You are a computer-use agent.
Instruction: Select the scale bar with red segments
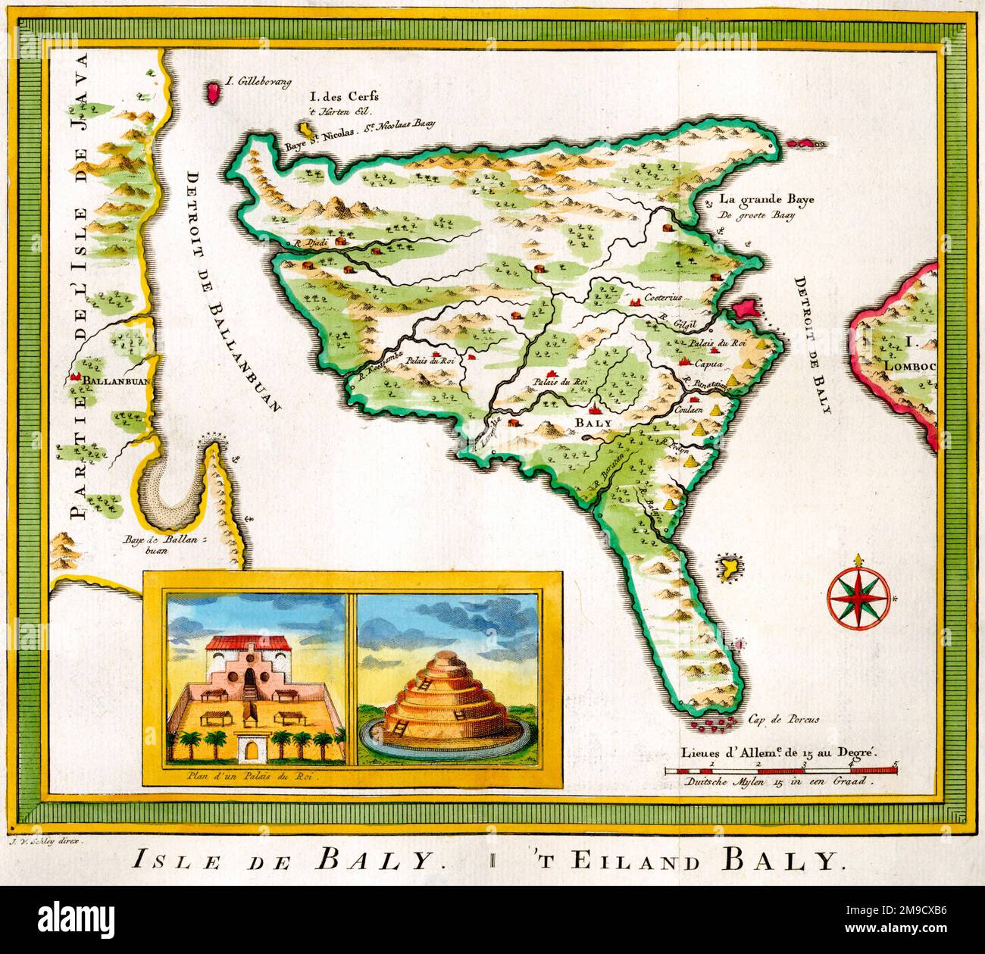[x=780, y=770]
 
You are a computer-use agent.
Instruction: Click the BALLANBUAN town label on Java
[x=114, y=380]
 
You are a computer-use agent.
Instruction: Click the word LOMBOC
[x=911, y=367]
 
